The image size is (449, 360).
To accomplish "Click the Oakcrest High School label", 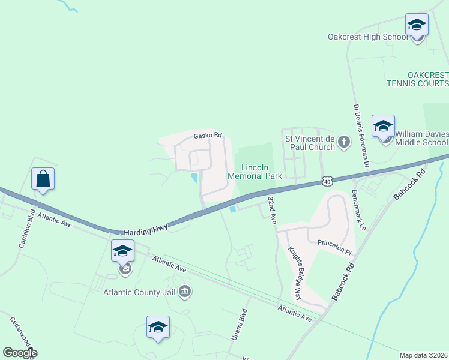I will [367, 37].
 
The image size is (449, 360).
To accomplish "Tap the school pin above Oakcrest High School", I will [417, 26].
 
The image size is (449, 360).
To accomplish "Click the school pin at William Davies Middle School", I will [383, 127].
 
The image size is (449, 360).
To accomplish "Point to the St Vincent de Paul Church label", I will [309, 142].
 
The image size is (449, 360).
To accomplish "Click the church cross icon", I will [343, 142].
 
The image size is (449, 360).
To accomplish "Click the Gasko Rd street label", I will [208, 136].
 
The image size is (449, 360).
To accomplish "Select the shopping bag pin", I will [43, 179].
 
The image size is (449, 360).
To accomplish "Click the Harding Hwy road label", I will [146, 230].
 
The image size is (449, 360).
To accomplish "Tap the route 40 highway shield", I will [326, 180].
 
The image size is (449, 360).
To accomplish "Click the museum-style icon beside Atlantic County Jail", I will [185, 292].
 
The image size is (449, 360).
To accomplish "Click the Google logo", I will [20, 353].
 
